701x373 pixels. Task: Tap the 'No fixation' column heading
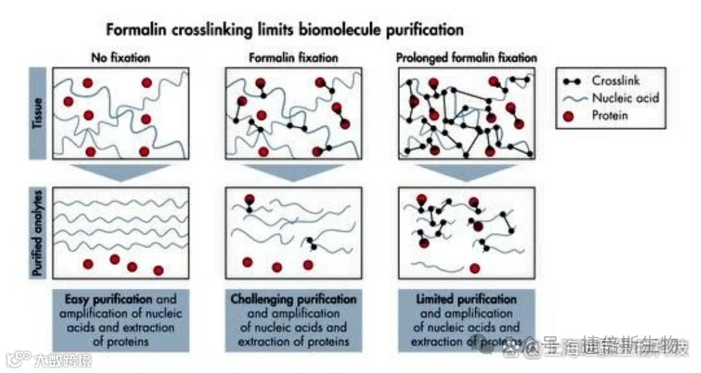pyautogui.click(x=121, y=58)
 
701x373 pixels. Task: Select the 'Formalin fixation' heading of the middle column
pyautogui.click(x=294, y=58)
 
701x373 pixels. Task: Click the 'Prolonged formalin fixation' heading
pyautogui.click(x=467, y=58)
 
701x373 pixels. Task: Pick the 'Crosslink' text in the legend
pyautogui.click(x=616, y=80)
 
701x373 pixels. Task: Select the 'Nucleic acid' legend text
pyautogui.click(x=625, y=98)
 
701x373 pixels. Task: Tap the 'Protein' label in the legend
pyautogui.click(x=610, y=115)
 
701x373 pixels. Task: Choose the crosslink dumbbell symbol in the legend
pyautogui.click(x=572, y=81)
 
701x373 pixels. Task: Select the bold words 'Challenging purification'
pyautogui.click(x=294, y=299)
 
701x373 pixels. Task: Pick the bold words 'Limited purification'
pyautogui.click(x=466, y=299)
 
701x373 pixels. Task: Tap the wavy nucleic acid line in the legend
pyautogui.click(x=572, y=98)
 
